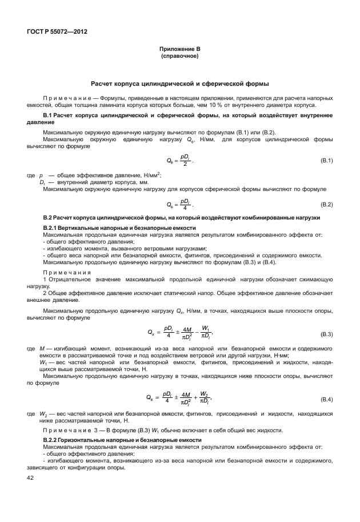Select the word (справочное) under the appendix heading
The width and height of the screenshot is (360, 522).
coord(179,57)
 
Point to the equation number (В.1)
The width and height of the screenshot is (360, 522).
coord(326,161)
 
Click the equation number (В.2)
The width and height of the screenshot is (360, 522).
coord(326,204)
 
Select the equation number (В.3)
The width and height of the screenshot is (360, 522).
coord(326,333)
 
